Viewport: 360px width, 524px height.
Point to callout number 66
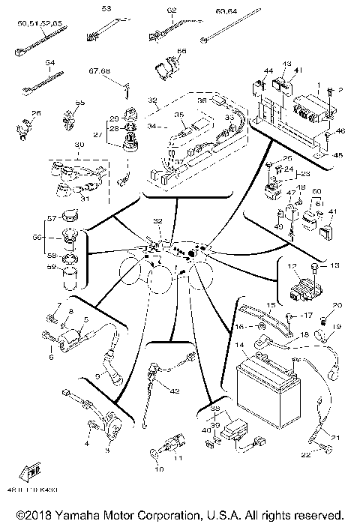181,51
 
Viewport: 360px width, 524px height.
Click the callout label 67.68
100,71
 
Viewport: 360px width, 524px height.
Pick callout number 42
175,391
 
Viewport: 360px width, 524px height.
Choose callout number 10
157,470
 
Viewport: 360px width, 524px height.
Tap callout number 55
81,102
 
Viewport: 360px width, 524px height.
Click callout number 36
222,100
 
